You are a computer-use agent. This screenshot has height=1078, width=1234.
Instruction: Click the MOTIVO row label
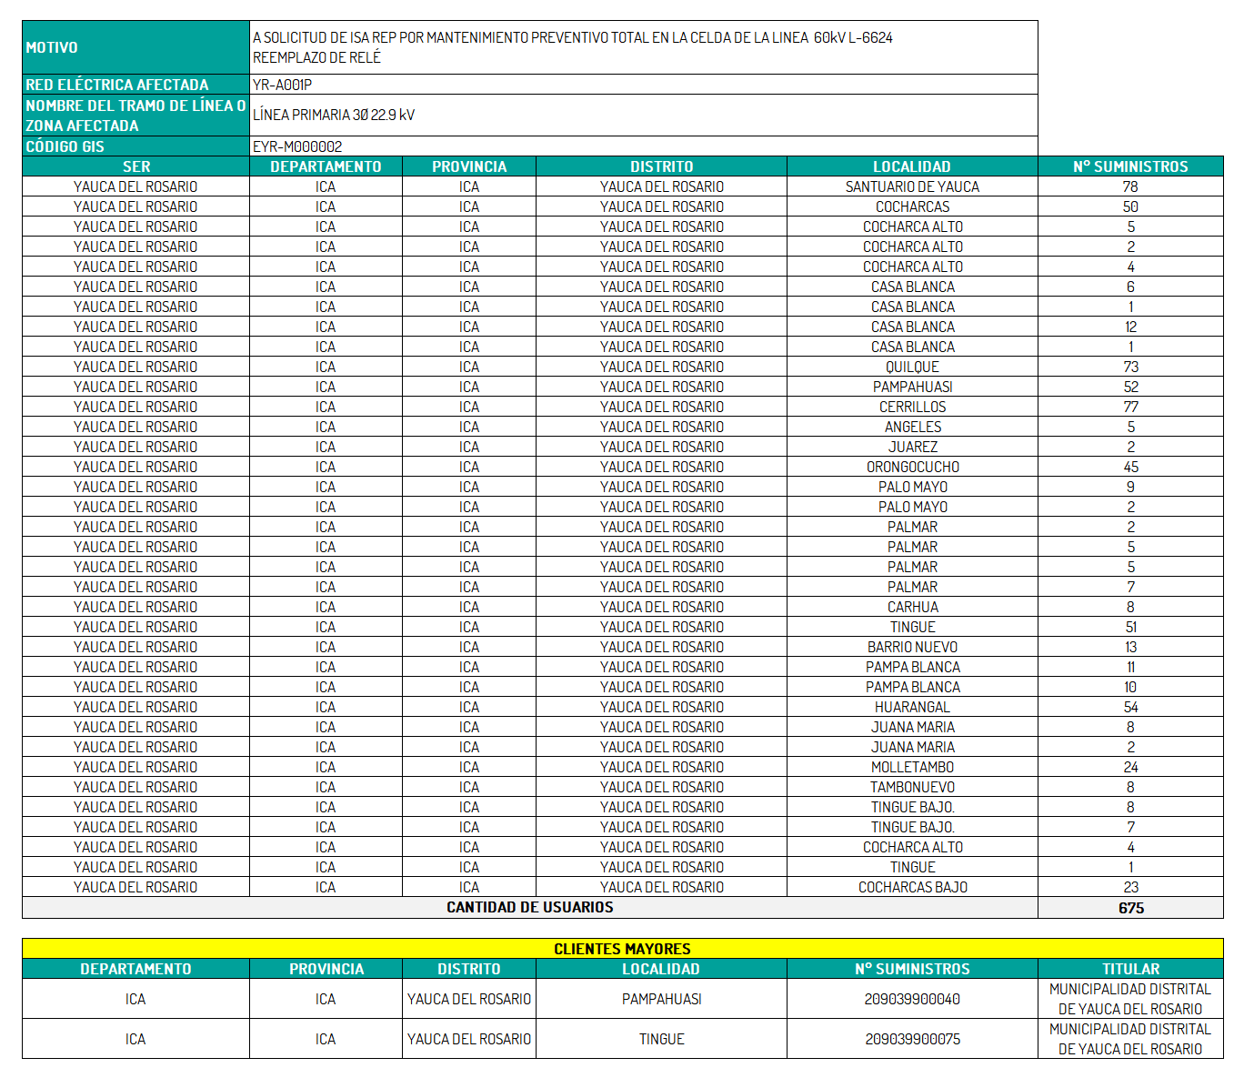click(x=52, y=47)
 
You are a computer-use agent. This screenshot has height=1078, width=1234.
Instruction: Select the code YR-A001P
click(x=282, y=85)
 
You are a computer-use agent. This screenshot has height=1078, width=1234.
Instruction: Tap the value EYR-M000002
click(x=297, y=146)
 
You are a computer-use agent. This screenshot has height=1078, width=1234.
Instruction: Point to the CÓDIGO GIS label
click(x=65, y=146)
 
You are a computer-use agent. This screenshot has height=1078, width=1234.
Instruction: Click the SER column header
click(x=136, y=166)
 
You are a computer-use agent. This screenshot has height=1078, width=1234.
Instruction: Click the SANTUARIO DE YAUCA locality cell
click(x=912, y=186)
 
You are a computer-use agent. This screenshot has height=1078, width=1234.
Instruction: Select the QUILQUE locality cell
click(x=912, y=367)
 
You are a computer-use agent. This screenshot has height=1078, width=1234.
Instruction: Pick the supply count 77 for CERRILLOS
click(x=1130, y=407)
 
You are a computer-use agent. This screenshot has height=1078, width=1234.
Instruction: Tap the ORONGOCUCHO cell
click(x=912, y=467)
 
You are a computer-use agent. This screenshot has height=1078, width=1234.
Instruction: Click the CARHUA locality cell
click(x=912, y=607)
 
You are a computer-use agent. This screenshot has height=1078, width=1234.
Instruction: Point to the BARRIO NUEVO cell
click(x=912, y=647)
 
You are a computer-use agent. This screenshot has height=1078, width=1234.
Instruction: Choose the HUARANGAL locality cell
click(x=912, y=707)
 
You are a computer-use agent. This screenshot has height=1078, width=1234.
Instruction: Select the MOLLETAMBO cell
click(x=912, y=767)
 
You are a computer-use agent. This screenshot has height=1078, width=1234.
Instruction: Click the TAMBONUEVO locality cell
click(x=912, y=787)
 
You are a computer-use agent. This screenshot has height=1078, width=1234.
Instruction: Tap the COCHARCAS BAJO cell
click(x=912, y=887)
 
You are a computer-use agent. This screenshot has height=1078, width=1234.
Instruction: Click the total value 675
click(x=1130, y=908)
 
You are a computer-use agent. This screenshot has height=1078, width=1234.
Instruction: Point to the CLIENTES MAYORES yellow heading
click(x=622, y=949)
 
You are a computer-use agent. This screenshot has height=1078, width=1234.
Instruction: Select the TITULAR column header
click(x=1130, y=969)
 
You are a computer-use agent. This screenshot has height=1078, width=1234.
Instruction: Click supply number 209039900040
click(x=912, y=999)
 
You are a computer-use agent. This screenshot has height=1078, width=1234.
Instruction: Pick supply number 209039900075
click(x=912, y=1039)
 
